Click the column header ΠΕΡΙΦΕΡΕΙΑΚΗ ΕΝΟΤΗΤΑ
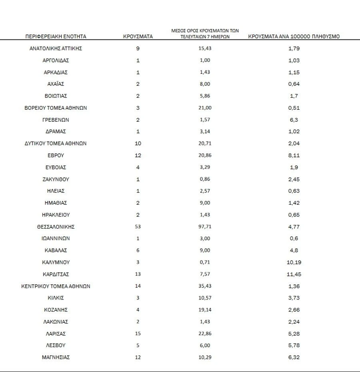pos(56,36)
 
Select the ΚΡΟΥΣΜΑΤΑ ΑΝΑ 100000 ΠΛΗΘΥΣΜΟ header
pos(294,36)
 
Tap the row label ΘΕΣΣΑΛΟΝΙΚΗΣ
pos(56,227)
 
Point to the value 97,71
pos(204,227)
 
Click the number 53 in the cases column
pos(138,227)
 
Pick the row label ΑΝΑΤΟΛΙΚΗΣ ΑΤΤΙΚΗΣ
pos(56,48)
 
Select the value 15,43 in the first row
pos(204,48)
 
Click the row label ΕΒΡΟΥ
pos(56,155)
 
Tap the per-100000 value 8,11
pos(294,155)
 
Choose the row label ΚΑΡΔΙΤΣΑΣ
pos(56,274)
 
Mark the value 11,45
pos(294,274)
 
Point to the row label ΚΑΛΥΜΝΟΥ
pos(56,262)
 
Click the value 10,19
pos(294,262)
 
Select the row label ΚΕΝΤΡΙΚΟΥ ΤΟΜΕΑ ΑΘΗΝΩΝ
pos(56,286)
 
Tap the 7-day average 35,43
pos(204,286)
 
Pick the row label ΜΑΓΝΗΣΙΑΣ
pos(56,357)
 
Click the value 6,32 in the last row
pos(294,357)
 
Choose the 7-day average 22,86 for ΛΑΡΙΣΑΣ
pos(204,334)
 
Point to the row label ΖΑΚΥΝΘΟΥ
pos(56,179)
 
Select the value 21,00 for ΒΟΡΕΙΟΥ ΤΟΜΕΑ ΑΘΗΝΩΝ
pos(204,108)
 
